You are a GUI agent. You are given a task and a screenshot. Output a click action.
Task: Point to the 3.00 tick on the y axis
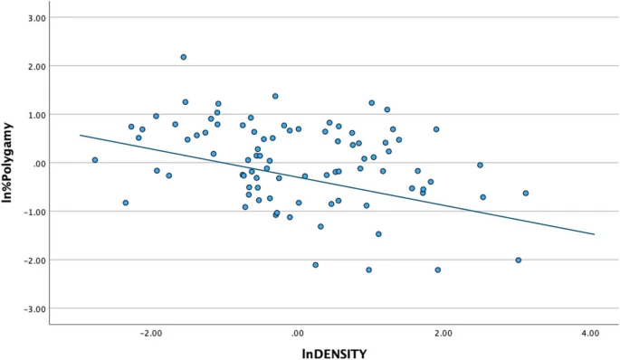click(35, 18)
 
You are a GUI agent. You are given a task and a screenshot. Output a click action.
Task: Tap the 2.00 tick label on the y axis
click(35, 67)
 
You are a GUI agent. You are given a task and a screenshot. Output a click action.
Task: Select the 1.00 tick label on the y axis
click(35, 115)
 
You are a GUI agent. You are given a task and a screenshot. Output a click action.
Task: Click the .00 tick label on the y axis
click(39, 164)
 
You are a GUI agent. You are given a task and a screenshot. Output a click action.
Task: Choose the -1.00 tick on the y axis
click(34, 212)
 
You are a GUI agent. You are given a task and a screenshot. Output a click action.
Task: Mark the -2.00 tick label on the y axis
click(34, 261)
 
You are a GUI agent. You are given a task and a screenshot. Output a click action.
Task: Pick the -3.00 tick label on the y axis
click(34, 308)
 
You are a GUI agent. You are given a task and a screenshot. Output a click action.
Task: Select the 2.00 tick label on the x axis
click(444, 333)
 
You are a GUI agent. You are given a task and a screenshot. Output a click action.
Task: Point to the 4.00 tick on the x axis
click(590, 333)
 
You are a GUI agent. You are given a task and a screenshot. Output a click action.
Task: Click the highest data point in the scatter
click(183, 57)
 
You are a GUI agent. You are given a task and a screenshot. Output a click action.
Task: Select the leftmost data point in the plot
click(94, 160)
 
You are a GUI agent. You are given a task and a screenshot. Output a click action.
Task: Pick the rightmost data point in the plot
click(525, 194)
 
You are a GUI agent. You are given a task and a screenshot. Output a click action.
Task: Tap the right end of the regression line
click(595, 234)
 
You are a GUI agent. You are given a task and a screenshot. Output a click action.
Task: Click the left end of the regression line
click(80, 135)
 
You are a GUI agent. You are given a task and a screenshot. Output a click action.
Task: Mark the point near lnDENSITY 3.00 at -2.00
click(519, 260)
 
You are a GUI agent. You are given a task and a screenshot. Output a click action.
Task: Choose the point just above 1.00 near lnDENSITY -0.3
click(275, 96)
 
